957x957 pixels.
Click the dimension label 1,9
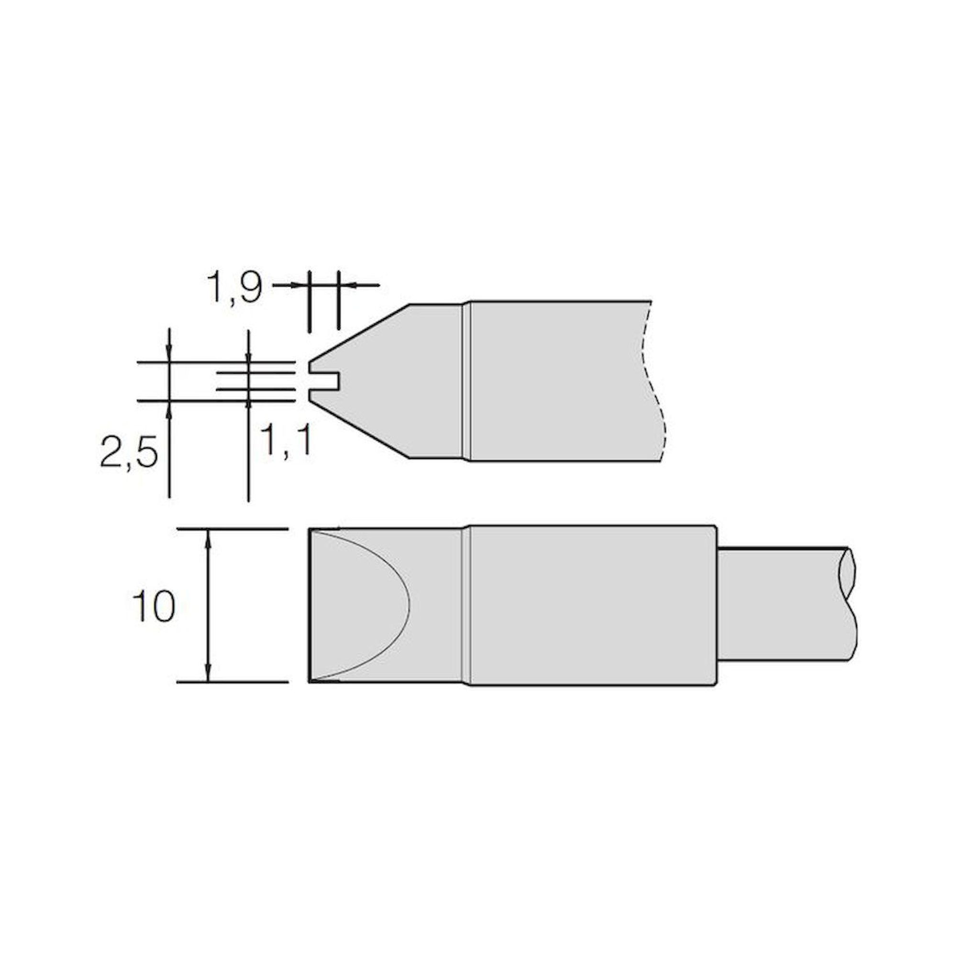tap(234, 287)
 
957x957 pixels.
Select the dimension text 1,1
tap(286, 441)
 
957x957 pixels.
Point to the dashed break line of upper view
tap(650, 381)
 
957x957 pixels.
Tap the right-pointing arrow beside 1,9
tap(297, 285)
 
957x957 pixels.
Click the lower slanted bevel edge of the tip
tap(362, 430)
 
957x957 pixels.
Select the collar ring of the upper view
tap(465, 380)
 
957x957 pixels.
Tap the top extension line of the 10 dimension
tap(233, 530)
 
